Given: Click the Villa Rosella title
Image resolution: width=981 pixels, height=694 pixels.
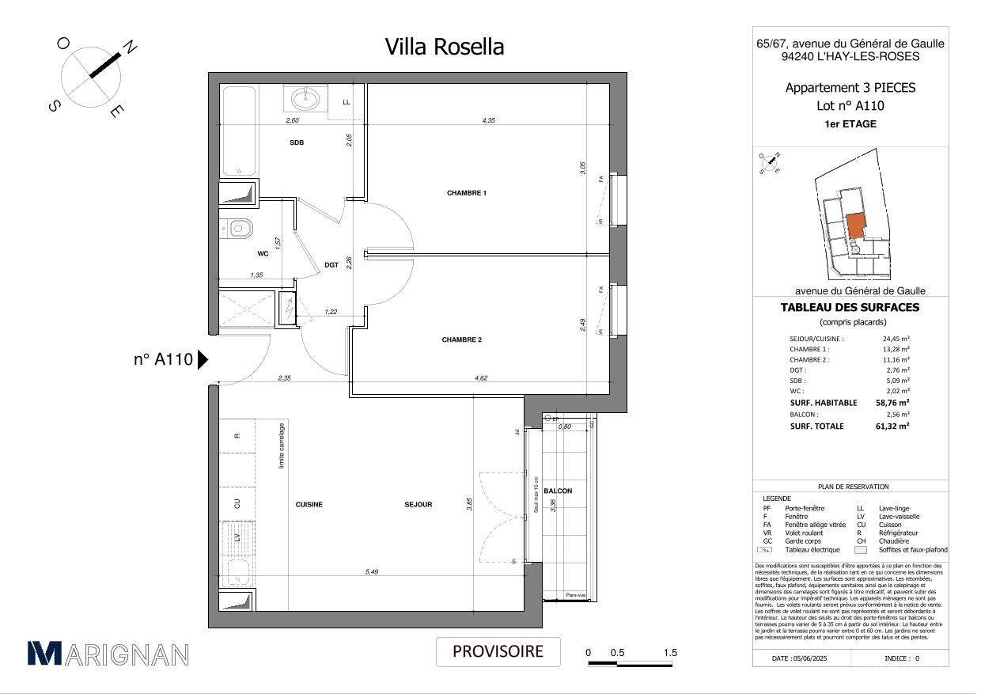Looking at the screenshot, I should [x=444, y=47].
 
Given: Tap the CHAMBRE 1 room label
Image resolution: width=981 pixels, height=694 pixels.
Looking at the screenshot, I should [x=466, y=193].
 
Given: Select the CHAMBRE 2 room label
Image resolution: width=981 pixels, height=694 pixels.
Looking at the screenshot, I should [x=461, y=339].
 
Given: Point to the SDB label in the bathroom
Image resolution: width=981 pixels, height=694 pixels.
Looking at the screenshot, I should [x=296, y=143].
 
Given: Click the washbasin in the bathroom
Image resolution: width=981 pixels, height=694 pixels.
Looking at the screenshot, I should [x=305, y=99].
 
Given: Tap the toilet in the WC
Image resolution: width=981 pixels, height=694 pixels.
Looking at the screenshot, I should [x=240, y=229].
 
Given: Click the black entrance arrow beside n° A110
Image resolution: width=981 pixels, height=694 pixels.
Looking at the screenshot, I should [x=203, y=360].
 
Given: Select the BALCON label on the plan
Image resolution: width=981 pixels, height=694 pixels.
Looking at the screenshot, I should [x=558, y=491].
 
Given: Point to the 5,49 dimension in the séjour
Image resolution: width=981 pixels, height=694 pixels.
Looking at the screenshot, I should [x=371, y=572].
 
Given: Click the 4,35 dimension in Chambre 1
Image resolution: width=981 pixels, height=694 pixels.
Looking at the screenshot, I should [x=489, y=120].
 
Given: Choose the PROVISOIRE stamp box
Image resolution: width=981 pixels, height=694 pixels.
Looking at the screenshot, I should [x=498, y=652].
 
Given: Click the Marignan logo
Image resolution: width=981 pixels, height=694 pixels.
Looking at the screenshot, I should [x=108, y=654].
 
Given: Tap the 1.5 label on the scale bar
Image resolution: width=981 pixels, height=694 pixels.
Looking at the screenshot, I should [x=670, y=653].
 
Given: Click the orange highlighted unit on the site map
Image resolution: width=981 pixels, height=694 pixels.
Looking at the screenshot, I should [x=854, y=227].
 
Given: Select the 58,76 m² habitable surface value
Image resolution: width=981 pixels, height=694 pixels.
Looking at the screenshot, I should [x=892, y=402].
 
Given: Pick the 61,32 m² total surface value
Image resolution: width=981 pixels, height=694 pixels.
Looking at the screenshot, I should [x=892, y=426].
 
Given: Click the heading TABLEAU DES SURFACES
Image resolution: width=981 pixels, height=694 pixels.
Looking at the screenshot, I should [x=850, y=308].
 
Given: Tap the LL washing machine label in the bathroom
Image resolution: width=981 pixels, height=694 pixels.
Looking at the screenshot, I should [x=347, y=103].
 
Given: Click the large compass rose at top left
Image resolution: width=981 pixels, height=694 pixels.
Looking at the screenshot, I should [x=91, y=76].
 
